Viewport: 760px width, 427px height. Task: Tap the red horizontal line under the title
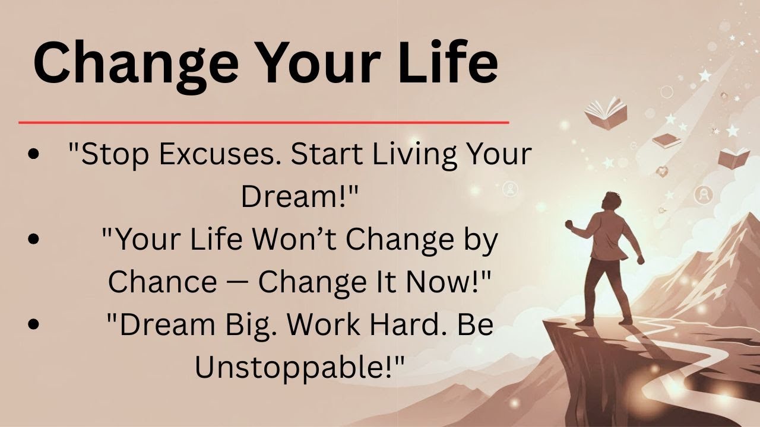coord(264,123)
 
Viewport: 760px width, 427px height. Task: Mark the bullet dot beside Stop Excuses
coord(34,154)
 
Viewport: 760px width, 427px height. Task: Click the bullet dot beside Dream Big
coord(34,324)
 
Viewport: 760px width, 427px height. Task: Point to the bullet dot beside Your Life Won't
coord(34,239)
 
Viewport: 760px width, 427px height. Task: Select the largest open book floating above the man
coord(605,111)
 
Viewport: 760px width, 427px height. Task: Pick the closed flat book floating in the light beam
coord(667,141)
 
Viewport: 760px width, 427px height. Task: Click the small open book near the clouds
coord(734,158)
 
